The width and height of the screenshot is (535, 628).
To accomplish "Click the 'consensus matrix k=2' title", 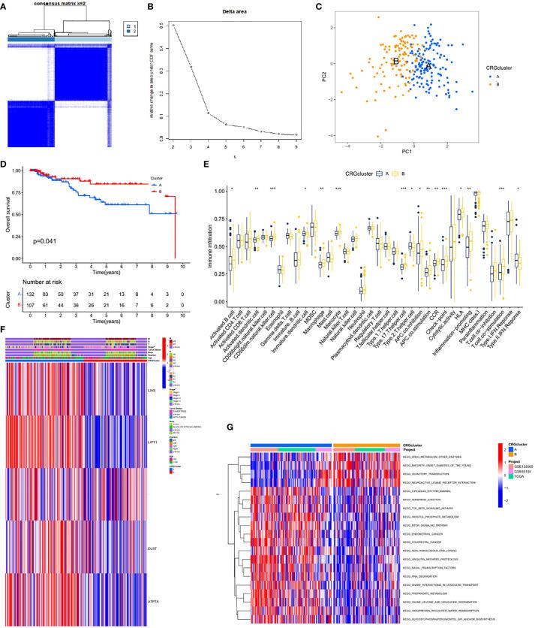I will (x=60, y=5).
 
